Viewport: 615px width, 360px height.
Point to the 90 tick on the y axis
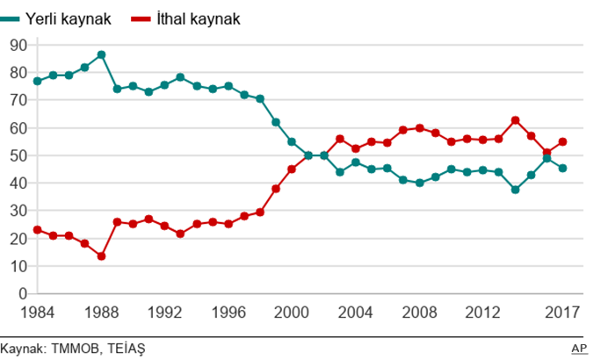click(x=18, y=45)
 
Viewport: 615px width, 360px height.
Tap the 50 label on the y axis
click(x=18, y=155)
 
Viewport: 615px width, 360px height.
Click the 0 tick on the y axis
click(x=23, y=293)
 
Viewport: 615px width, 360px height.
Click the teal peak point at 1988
click(x=101, y=54)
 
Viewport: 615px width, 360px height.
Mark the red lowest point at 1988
click(x=101, y=256)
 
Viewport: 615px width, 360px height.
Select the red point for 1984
click(x=37, y=230)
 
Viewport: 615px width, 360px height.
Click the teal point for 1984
click(x=37, y=82)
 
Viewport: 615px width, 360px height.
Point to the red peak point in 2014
click(x=516, y=120)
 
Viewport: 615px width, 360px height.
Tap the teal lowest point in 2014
click(x=516, y=190)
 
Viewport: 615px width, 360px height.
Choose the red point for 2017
click(x=563, y=141)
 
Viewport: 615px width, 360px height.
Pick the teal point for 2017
click(x=563, y=169)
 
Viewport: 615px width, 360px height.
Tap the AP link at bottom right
click(x=580, y=349)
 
